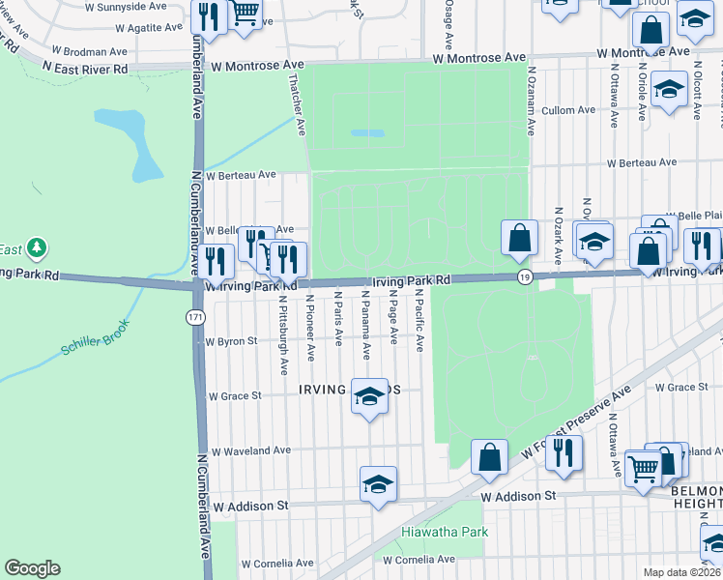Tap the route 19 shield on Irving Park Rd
point(524,277)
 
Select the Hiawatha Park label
point(445,532)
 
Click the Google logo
point(32,568)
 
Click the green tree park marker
point(37,248)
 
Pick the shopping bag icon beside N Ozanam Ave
point(519,238)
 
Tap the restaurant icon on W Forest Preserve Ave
point(563,452)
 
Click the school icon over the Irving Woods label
point(368,396)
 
